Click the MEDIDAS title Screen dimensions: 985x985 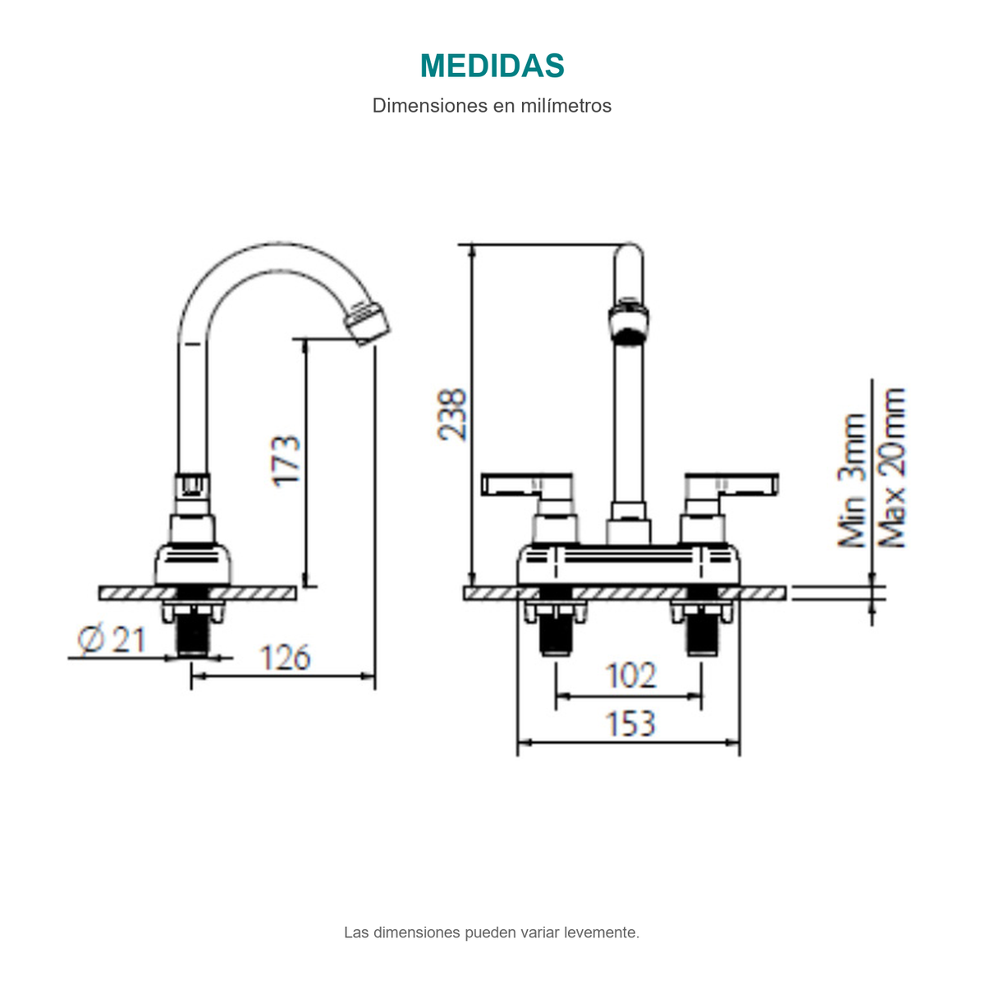click(x=492, y=66)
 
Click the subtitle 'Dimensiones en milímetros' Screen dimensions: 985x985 click(x=492, y=106)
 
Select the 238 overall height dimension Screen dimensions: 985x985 click(x=451, y=415)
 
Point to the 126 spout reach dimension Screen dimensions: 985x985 click(x=285, y=657)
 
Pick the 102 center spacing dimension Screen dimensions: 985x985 click(x=630, y=676)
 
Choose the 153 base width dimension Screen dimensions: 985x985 click(x=630, y=723)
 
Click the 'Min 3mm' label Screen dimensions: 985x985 click(x=852, y=480)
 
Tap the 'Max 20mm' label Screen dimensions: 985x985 click(x=891, y=468)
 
